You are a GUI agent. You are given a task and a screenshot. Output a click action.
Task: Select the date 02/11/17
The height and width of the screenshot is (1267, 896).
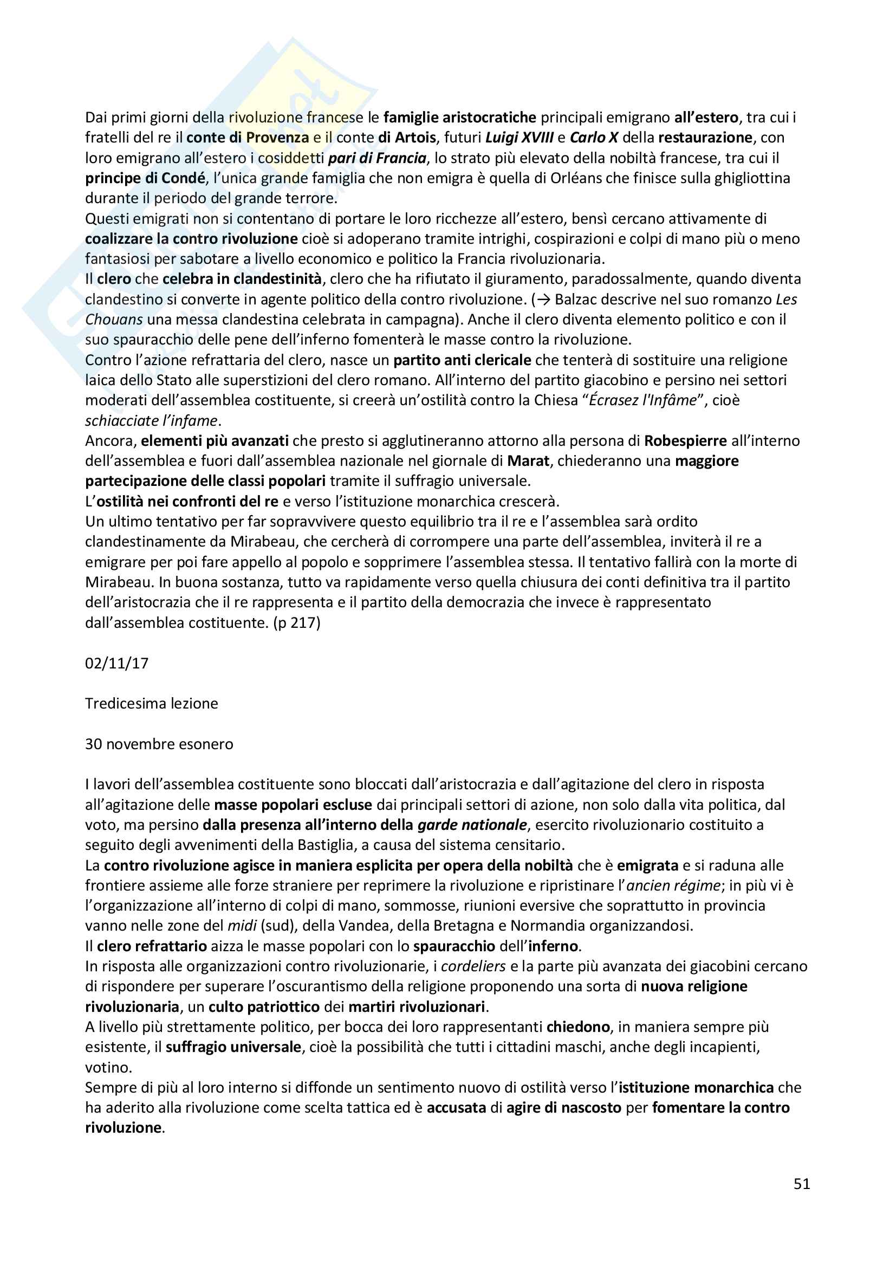coord(116,662)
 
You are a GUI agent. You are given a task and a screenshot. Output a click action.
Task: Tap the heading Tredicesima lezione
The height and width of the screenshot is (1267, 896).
coord(151,703)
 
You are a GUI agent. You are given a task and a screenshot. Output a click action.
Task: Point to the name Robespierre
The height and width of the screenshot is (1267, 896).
coord(685,440)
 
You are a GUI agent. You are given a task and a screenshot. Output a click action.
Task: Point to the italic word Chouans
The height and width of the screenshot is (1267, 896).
coord(114,320)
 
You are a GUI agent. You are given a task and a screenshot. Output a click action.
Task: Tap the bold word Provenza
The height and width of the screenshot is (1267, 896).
coord(277,138)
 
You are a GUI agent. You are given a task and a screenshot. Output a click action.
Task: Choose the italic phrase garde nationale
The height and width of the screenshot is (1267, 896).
coord(472,824)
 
